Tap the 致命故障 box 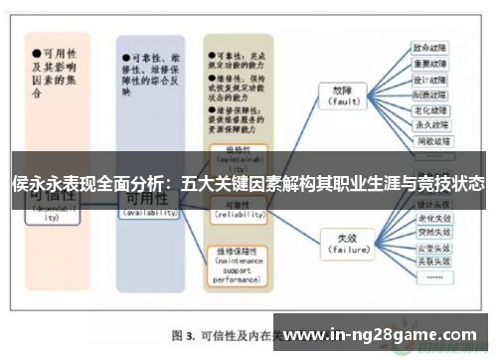tap(430, 48)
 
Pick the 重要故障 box tap(430, 64)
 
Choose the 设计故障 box tap(430, 80)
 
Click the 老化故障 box tap(430, 110)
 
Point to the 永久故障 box tap(430, 125)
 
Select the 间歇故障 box tap(430, 141)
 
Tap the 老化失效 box tap(433, 216)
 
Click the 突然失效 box tap(433, 231)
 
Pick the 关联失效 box tap(433, 261)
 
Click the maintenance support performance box tap(237, 265)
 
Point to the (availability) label tap(149, 213)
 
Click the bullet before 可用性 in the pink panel tap(37, 48)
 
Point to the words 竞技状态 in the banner tap(453, 184)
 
